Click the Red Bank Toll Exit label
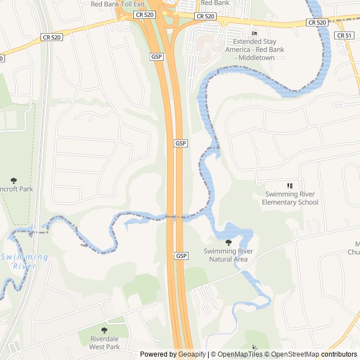tap(118, 4)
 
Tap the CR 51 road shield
tap(343, 35)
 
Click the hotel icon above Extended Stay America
tap(255, 34)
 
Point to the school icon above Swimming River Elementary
tap(290, 186)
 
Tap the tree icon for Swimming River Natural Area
tap(228, 242)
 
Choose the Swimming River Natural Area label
tap(228, 255)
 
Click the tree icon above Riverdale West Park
tap(104, 330)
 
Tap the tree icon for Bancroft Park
tap(14, 181)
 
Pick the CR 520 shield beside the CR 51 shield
tap(317, 22)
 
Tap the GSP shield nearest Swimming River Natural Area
tap(181, 256)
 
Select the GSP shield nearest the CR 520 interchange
tap(156, 57)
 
